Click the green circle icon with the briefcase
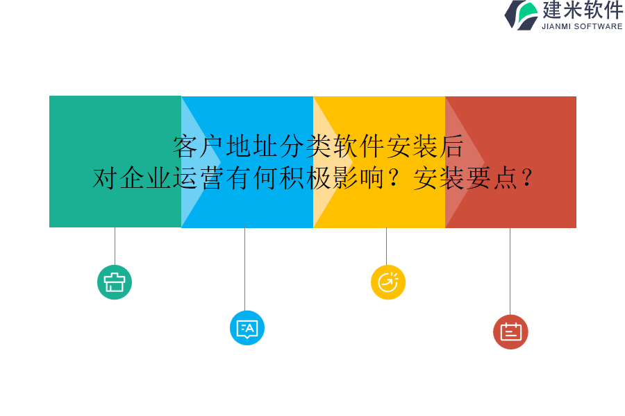[x=115, y=282]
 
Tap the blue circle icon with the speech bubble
[x=247, y=328]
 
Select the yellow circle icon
[x=388, y=282]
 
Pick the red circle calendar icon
[x=510, y=332]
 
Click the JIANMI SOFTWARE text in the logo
[x=582, y=26]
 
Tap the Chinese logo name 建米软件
[x=582, y=10]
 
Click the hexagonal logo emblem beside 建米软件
[x=521, y=15]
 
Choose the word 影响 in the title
[x=358, y=178]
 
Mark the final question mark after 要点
[x=527, y=179]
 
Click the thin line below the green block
[x=115, y=246]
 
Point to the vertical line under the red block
[x=510, y=270]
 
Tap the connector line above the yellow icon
[x=386, y=246]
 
